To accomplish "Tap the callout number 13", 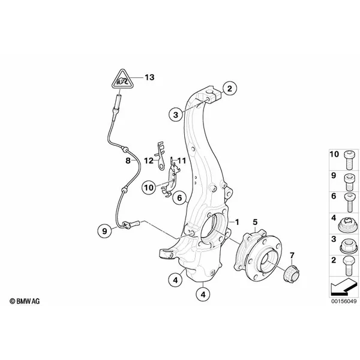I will point(149,77).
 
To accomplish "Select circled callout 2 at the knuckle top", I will point(228,89).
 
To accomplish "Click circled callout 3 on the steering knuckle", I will point(175,115).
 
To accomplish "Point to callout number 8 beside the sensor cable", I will point(128,161).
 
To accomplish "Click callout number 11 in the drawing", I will point(182,161).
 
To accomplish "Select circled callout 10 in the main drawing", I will point(148,187).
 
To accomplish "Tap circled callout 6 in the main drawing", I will point(179,197).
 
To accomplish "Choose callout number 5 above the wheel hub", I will point(256,222).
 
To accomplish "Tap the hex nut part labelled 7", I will point(291,272).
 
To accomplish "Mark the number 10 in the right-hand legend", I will point(334,155).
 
